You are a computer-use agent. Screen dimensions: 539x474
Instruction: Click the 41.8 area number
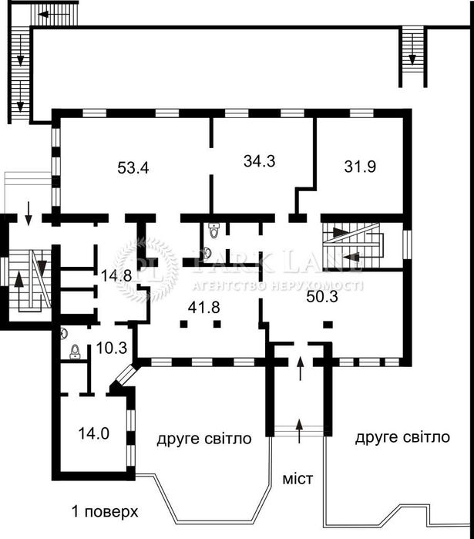(x=204, y=307)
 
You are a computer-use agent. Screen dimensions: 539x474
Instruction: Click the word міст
(x=298, y=479)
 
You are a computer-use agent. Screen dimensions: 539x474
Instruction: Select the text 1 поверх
(x=105, y=512)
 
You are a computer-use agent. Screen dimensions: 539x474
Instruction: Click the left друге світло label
(x=204, y=439)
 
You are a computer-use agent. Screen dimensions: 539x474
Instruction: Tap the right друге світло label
(x=402, y=437)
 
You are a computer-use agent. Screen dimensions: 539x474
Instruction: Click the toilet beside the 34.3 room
(x=213, y=231)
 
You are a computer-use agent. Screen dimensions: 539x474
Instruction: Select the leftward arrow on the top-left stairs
(x=54, y=15)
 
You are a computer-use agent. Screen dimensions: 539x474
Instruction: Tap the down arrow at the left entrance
(x=29, y=211)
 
